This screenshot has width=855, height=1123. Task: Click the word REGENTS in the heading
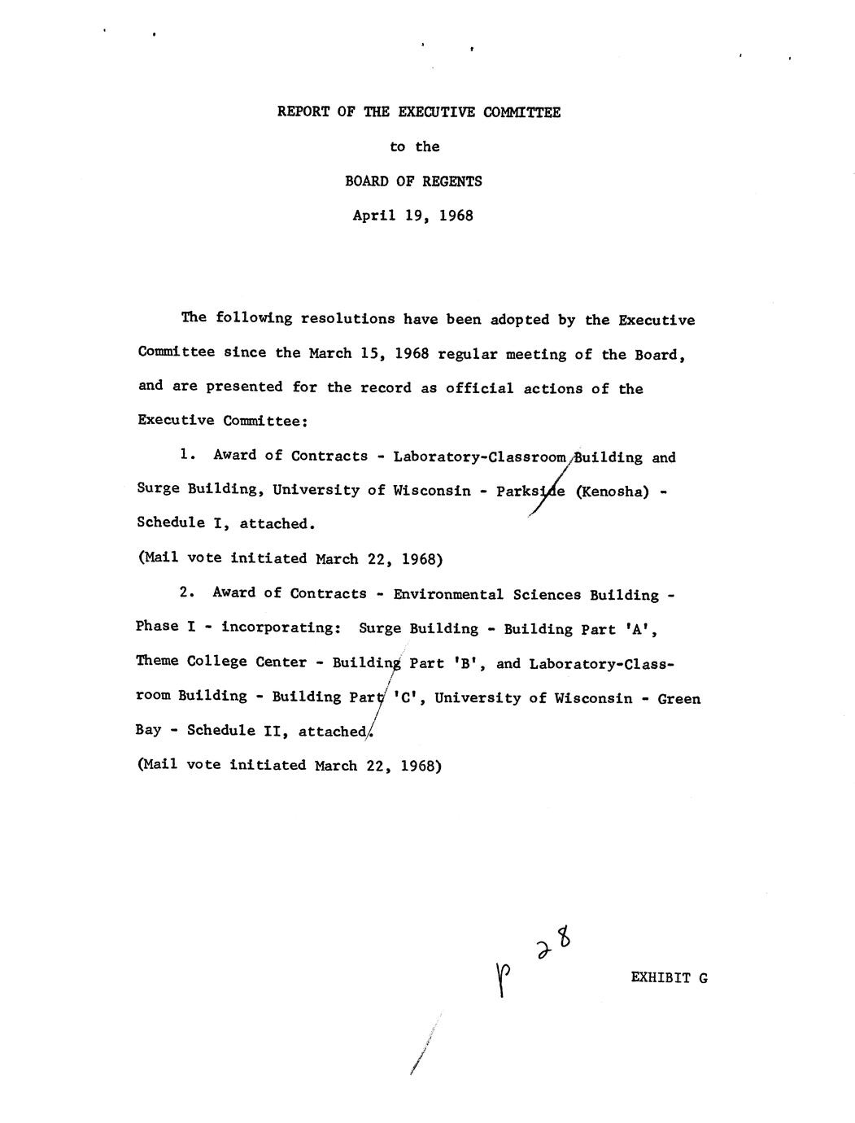click(452, 181)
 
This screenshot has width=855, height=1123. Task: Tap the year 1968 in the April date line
click(456, 216)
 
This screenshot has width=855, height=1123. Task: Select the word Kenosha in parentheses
click(612, 492)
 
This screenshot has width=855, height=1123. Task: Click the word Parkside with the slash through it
click(530, 492)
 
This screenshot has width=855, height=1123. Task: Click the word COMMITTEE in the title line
click(521, 112)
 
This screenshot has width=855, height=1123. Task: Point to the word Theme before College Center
click(157, 662)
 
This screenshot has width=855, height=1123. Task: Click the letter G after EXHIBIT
click(702, 978)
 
